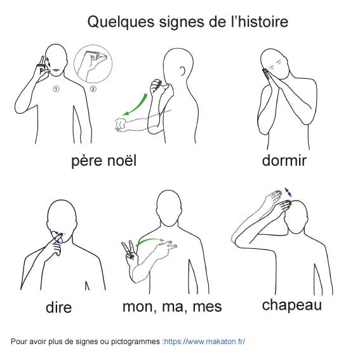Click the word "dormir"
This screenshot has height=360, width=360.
point(284,160)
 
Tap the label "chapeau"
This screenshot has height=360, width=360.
point(292,306)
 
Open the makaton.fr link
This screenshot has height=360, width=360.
point(204,342)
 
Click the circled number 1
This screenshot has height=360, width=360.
point(56,89)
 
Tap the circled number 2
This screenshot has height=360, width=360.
point(93,89)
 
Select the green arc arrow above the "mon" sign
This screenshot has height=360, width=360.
point(149,240)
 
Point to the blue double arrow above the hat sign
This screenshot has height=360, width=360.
point(288,192)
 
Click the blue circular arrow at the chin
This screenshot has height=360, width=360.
point(57,237)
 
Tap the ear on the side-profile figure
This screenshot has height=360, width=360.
point(182,70)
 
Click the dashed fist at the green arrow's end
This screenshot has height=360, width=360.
point(121,124)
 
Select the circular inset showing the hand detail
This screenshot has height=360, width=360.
point(93,64)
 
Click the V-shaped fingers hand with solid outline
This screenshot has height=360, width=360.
point(130,253)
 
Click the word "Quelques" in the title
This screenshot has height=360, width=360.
point(121,22)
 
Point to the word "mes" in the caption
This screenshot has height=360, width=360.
point(207,307)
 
